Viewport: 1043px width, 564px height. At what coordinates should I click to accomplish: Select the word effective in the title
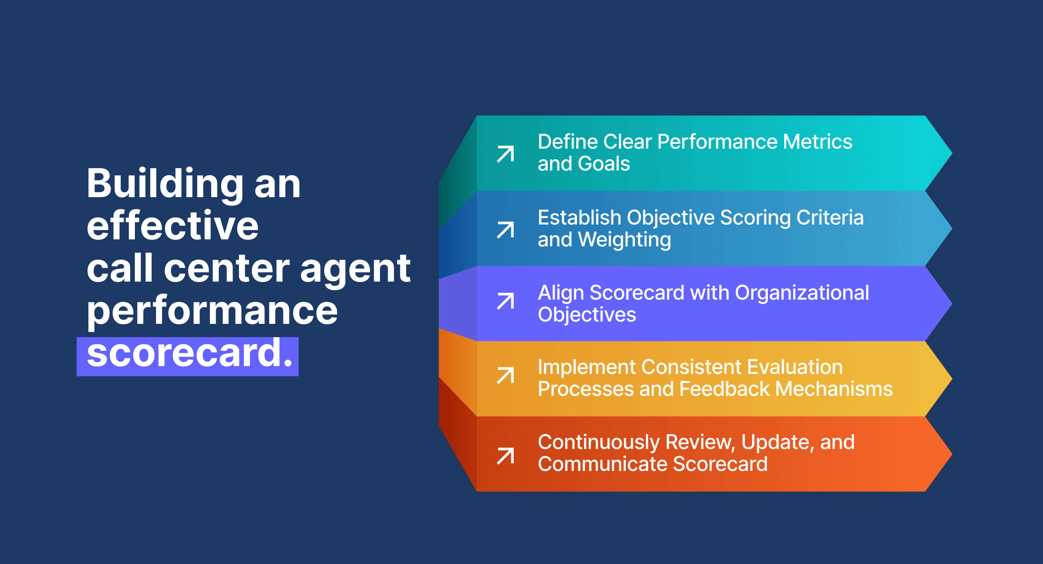(172, 226)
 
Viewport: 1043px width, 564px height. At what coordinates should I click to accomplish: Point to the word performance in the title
(212, 311)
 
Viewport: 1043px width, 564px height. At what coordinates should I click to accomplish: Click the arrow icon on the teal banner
(505, 154)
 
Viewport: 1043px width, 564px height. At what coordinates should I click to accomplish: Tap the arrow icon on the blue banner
(505, 230)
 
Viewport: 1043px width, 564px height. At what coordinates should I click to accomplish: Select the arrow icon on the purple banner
(505, 301)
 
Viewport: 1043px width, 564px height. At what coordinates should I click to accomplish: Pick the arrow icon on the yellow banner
(505, 375)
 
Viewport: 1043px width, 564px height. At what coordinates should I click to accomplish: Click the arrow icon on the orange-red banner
(505, 456)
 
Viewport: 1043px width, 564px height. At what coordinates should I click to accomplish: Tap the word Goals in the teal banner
(604, 164)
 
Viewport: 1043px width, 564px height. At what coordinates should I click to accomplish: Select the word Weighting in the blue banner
(624, 240)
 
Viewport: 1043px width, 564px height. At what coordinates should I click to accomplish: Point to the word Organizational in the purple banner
(802, 293)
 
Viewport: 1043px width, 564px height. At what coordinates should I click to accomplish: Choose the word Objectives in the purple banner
(587, 315)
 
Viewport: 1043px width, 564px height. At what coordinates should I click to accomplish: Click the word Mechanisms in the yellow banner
(834, 389)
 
